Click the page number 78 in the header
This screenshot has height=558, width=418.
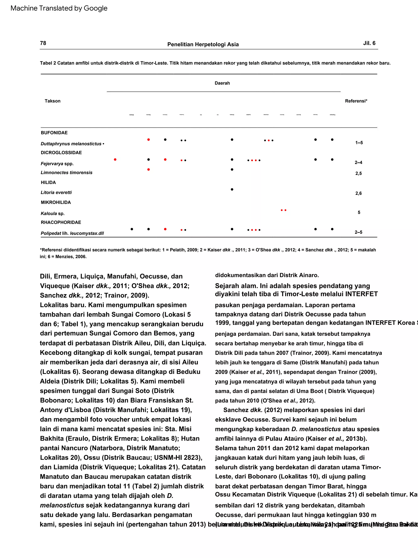[x=43, y=43]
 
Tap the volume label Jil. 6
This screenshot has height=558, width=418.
[x=369, y=43]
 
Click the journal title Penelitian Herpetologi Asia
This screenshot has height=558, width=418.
[x=203, y=44]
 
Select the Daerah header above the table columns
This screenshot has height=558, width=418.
[x=222, y=83]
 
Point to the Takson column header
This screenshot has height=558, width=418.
[x=52, y=101]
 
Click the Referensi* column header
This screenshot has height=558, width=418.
[x=356, y=101]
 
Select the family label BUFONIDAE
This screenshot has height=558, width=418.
[x=54, y=133]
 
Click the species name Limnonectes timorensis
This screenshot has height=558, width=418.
[x=67, y=173]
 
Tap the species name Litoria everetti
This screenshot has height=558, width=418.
[x=56, y=193]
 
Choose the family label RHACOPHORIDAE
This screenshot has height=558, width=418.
[x=61, y=222]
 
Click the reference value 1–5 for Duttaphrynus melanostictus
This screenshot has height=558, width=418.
[x=359, y=143]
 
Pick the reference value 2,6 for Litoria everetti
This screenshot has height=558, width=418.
[x=358, y=194]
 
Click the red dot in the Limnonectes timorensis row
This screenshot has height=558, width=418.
[x=148, y=169]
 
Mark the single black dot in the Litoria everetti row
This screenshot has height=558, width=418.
[x=232, y=189]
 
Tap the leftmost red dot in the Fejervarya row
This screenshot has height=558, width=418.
[x=115, y=159]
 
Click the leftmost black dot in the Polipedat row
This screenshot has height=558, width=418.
[x=132, y=229]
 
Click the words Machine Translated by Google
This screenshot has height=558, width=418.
[x=59, y=8]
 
